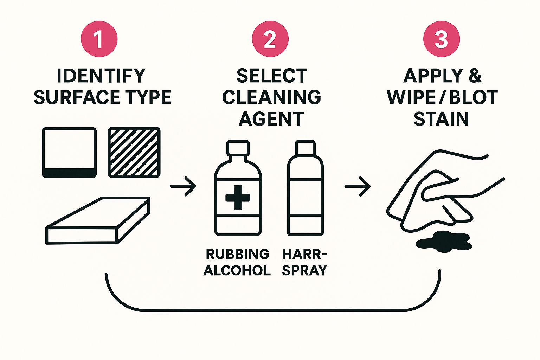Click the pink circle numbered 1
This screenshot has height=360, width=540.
(99, 39)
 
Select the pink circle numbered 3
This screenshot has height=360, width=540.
(441, 39)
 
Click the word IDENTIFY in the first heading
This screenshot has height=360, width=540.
(101, 76)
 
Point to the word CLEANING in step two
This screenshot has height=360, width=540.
(271, 97)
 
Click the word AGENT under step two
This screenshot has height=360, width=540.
(271, 118)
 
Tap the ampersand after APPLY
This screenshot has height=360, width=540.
(475, 76)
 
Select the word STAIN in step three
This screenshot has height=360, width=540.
(441, 118)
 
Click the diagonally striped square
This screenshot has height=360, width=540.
(134, 152)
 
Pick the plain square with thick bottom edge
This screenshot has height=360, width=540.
(69, 152)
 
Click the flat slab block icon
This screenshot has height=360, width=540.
(98, 221)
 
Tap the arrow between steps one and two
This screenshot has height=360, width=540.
(183, 186)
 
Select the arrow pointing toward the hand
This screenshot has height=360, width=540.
(358, 186)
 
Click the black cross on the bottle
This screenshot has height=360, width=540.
(238, 197)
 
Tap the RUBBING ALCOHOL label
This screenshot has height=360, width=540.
(237, 262)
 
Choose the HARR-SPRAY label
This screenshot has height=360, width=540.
(304, 262)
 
